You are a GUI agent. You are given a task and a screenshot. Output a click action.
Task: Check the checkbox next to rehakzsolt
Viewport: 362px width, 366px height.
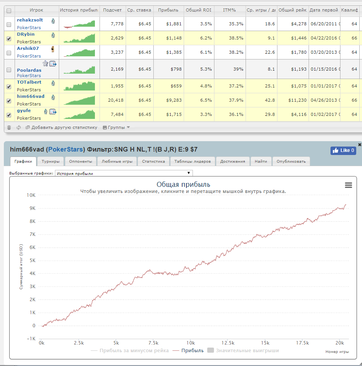(x=9, y=25)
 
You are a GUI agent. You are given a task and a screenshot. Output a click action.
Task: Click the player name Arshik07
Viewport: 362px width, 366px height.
(x=28, y=48)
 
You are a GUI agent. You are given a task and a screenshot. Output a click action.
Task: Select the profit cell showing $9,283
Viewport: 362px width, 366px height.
(x=174, y=100)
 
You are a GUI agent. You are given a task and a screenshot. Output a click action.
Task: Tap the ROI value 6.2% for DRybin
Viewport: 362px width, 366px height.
(x=206, y=38)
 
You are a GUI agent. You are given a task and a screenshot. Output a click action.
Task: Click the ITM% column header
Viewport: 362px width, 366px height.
(x=229, y=10)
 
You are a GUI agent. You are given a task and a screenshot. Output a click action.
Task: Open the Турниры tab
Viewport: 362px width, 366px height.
(x=50, y=161)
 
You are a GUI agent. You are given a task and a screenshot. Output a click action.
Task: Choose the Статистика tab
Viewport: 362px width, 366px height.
(x=153, y=161)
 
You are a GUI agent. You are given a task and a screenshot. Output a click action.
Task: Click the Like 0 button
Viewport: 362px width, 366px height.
(x=343, y=150)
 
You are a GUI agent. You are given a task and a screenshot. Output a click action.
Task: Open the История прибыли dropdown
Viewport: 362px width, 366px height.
(x=124, y=173)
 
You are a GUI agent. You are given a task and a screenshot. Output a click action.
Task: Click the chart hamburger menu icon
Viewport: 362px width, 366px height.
(x=349, y=185)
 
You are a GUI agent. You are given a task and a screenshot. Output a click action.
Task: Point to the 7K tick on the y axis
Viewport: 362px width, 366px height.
(x=33, y=234)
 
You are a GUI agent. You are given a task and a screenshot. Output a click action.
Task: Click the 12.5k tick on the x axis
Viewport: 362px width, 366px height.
(x=228, y=343)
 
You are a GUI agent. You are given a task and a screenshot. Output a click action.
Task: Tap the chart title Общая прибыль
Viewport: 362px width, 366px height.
(x=183, y=185)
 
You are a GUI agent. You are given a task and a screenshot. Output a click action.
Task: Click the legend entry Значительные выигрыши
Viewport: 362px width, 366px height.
(x=243, y=350)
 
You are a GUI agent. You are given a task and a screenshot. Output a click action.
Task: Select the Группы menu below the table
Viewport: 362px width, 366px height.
(x=116, y=127)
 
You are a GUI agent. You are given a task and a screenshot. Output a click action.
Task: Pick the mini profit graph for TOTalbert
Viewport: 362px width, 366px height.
(x=79, y=86)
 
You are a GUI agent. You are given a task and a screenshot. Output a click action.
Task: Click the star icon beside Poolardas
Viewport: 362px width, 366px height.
(x=45, y=63)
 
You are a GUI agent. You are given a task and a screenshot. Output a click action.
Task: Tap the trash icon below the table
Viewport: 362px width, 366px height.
(x=9, y=127)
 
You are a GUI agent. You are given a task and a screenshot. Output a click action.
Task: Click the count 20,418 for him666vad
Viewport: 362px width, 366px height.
(x=116, y=100)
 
